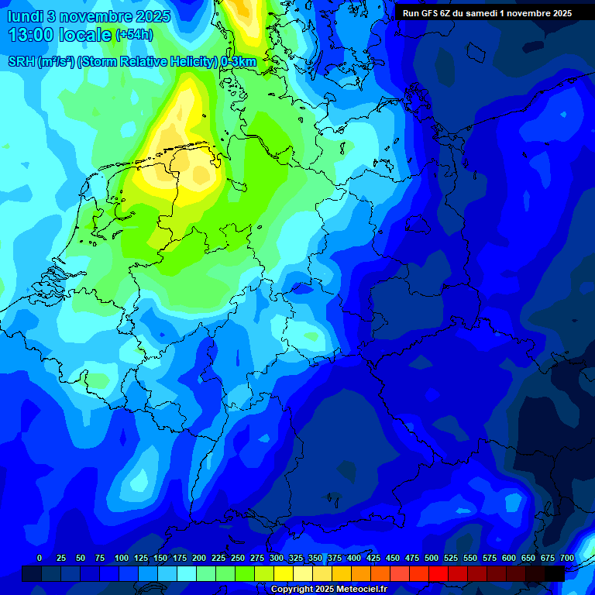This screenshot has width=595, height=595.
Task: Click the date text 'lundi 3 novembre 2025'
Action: [x=88, y=15]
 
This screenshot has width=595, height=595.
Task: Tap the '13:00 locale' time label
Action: [x=59, y=35]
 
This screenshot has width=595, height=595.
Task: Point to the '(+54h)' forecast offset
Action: [x=135, y=35]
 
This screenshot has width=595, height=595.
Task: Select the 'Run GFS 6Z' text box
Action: [x=487, y=12]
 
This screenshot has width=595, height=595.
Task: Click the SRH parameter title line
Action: [x=132, y=62]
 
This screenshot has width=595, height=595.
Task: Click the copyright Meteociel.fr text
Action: [x=328, y=590]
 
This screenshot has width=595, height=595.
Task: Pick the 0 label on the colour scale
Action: [x=40, y=558]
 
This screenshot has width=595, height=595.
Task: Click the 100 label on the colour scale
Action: [x=122, y=558]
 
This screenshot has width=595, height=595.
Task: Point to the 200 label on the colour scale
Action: [x=199, y=558]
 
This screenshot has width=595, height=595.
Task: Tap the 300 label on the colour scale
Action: [x=277, y=558]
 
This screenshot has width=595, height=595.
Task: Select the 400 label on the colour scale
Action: [x=354, y=558]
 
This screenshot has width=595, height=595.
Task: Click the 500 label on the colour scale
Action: [x=432, y=558]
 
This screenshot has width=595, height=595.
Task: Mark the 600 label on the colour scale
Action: [x=509, y=558]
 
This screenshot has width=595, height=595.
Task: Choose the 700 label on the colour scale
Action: [x=567, y=558]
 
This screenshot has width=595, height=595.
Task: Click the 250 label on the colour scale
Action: [x=238, y=558]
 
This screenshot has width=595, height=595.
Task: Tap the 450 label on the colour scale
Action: [x=393, y=558]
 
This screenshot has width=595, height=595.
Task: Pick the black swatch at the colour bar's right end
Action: [x=555, y=573]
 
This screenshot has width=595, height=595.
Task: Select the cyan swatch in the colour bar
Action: [x=187, y=573]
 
